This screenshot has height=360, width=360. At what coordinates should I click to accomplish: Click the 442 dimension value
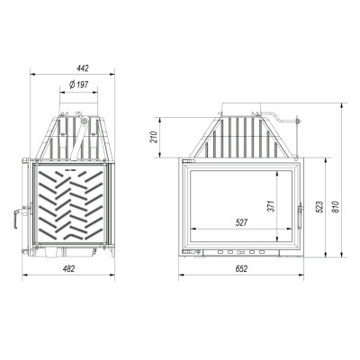tap(83, 68)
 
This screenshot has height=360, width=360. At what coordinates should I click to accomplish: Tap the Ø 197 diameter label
tap(78, 85)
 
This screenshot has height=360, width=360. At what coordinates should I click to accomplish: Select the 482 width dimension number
tap(68, 268)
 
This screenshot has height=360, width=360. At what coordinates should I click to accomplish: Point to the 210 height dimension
tap(154, 137)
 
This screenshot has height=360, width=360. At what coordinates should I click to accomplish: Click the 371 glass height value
tap(271, 206)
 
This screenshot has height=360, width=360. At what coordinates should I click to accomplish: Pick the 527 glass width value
tap(241, 222)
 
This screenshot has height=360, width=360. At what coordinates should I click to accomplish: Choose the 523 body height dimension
tap(319, 207)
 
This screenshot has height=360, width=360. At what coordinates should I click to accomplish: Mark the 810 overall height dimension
tap(336, 207)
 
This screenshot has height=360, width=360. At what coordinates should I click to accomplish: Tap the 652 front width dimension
tap(241, 268)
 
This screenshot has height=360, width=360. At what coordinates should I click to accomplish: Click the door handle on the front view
tap(300, 216)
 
